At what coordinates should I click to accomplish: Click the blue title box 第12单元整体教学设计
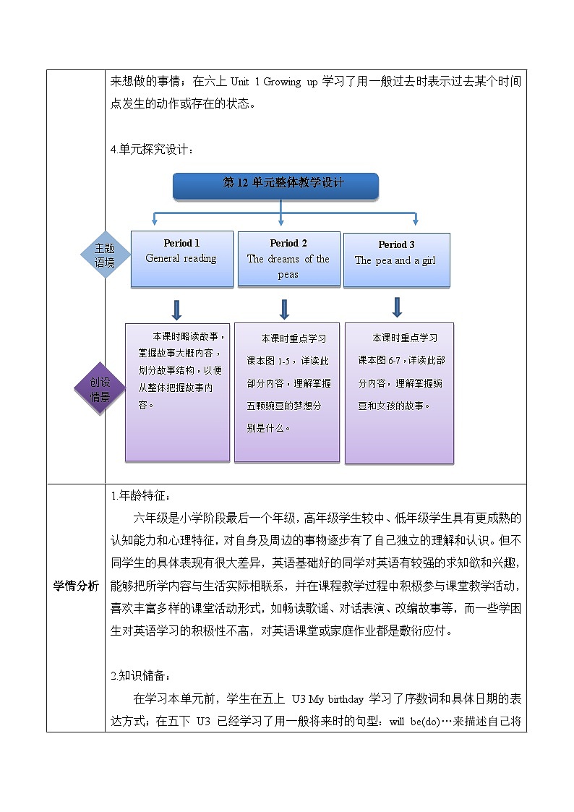[275, 185]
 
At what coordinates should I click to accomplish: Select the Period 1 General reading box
[181, 259]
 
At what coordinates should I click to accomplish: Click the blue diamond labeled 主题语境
[105, 255]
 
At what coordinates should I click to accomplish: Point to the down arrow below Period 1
[176, 309]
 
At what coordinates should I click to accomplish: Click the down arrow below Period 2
[284, 309]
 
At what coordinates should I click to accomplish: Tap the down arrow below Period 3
[396, 307]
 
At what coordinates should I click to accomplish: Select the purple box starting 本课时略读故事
[177, 391]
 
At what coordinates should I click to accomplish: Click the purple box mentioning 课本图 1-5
[287, 392]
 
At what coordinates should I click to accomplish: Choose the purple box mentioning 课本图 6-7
[399, 393]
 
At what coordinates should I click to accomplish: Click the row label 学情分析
[76, 586]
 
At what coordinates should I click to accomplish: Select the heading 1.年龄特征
[142, 495]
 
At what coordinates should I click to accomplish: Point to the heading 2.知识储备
[142, 676]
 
